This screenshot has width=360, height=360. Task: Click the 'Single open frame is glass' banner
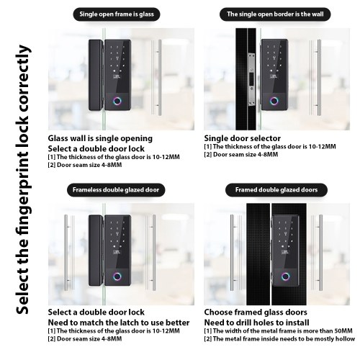(117, 14)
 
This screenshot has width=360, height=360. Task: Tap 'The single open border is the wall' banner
(275, 14)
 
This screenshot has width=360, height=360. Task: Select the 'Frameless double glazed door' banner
(116, 190)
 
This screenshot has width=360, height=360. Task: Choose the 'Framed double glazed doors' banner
(276, 190)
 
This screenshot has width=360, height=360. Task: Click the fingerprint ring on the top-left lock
(118, 101)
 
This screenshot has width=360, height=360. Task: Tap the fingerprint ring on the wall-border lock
(274, 101)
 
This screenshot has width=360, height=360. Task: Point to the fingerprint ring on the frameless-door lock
(117, 276)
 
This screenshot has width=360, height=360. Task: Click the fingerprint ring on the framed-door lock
(286, 276)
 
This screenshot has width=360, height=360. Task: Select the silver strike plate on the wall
(251, 79)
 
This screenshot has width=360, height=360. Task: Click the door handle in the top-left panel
(156, 78)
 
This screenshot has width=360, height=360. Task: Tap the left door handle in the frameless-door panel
(69, 253)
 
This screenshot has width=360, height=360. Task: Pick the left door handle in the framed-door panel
(235, 253)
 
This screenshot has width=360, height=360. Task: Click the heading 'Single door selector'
(243, 138)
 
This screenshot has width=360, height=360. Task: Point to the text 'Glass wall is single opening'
(100, 138)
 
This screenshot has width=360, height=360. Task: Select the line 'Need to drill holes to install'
(256, 323)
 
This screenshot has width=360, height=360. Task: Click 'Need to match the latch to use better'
(119, 323)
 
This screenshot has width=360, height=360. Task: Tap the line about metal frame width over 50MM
(279, 331)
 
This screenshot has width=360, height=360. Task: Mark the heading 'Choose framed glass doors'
(256, 312)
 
